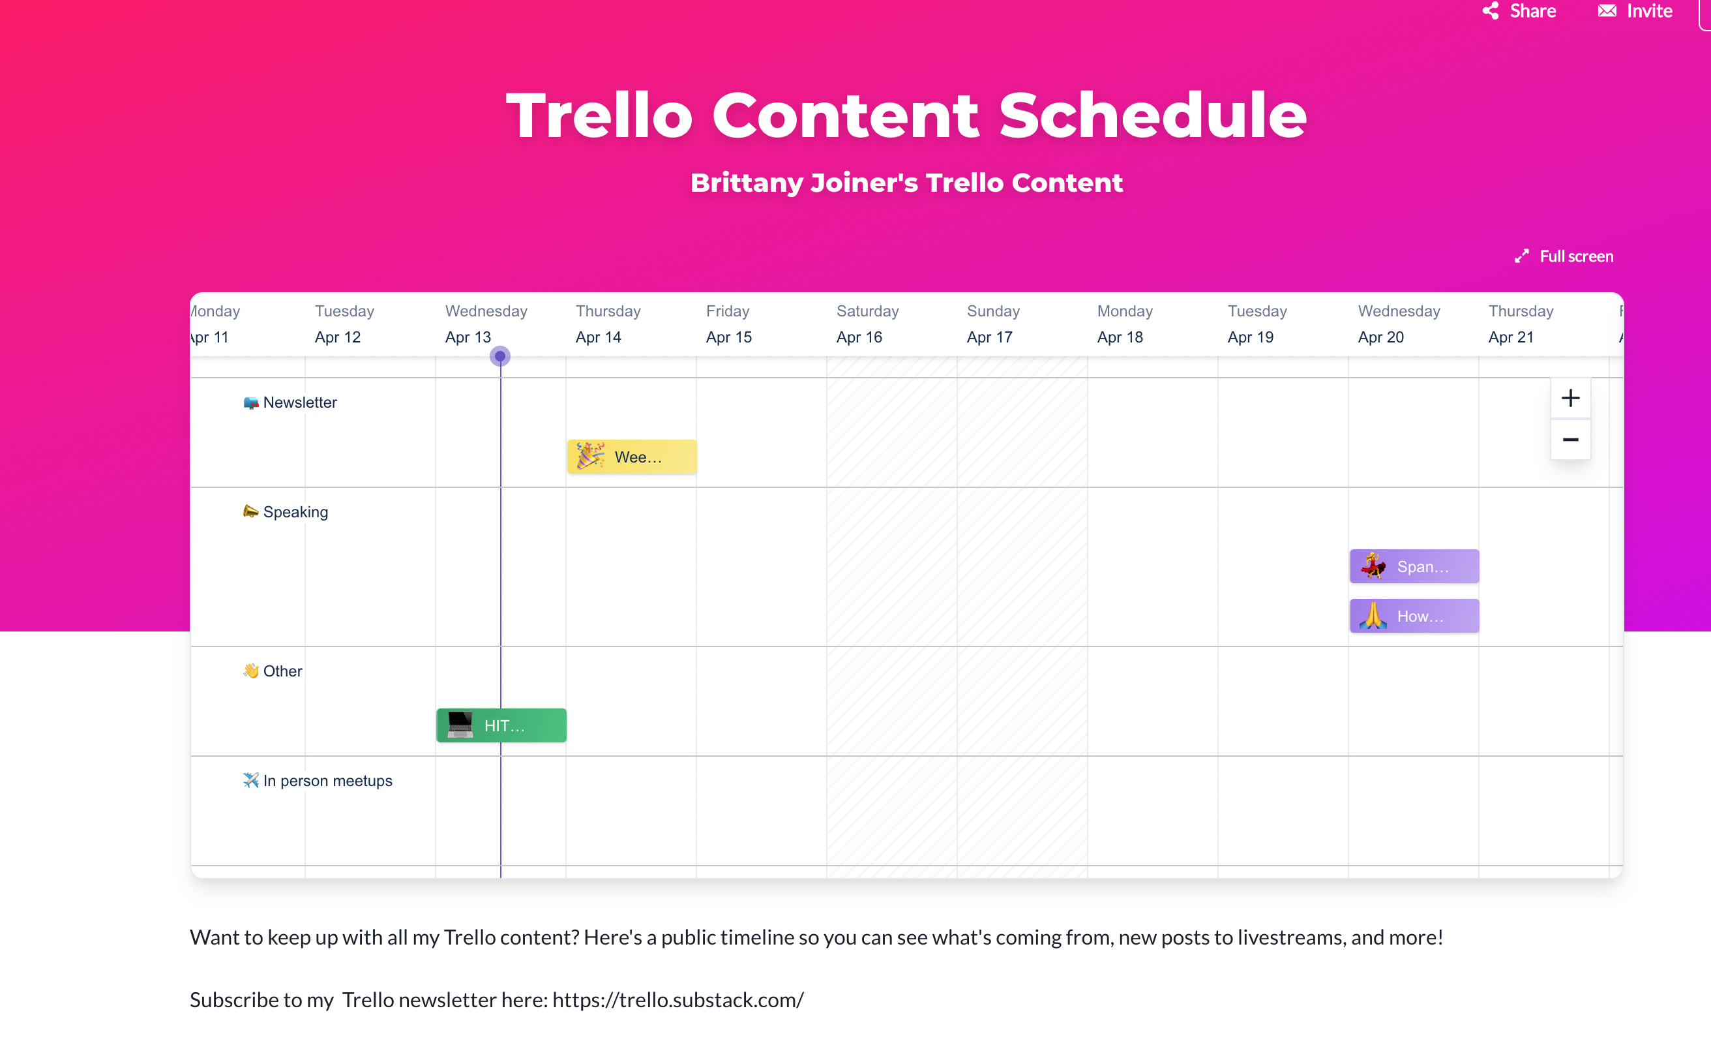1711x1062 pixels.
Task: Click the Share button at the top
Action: [1519, 11]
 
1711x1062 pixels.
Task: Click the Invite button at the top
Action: [1635, 11]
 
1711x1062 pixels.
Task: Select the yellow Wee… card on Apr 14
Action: [631, 457]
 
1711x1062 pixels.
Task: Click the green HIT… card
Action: [501, 725]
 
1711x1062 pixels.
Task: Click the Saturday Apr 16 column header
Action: [867, 324]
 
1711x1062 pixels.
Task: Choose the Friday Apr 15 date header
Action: [729, 324]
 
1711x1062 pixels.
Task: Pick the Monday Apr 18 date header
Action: [1123, 324]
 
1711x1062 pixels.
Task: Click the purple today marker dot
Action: [500, 356]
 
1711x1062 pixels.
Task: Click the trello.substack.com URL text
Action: [677, 999]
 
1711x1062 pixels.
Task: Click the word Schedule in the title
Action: [1152, 116]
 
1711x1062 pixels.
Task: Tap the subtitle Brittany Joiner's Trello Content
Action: [906, 183]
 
